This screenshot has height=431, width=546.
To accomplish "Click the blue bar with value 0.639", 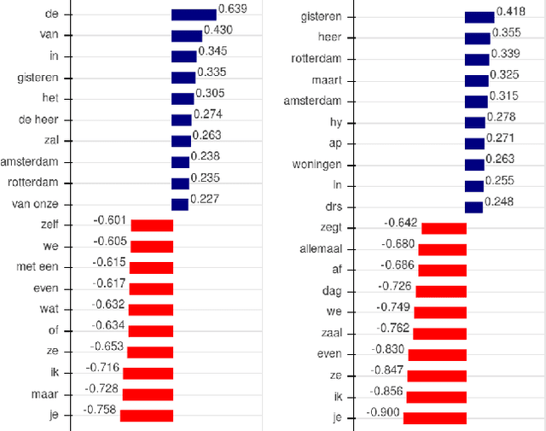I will click(x=194, y=15).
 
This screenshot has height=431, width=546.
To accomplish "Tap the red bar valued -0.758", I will click(x=147, y=416).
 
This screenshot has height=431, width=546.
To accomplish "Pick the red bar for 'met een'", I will click(x=152, y=268).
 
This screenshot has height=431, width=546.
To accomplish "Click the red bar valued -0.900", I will click(x=434, y=418).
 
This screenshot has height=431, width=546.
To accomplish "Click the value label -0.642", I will click(x=401, y=223).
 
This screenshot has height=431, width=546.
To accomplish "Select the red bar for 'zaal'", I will click(x=440, y=334).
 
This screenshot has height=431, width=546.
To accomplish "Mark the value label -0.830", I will click(x=391, y=349).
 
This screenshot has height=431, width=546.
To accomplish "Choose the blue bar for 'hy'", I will click(x=475, y=122).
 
